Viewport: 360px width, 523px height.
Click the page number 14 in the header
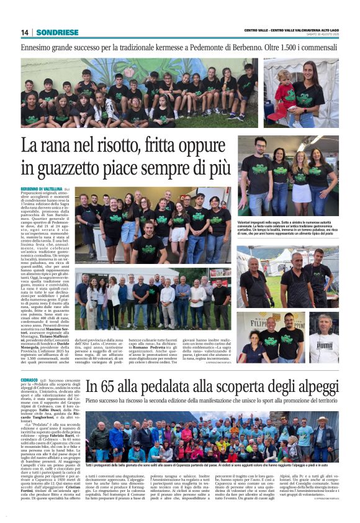click(x=25, y=32)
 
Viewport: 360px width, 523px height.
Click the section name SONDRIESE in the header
click(x=57, y=32)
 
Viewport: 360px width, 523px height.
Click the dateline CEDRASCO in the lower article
click(x=30, y=380)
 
